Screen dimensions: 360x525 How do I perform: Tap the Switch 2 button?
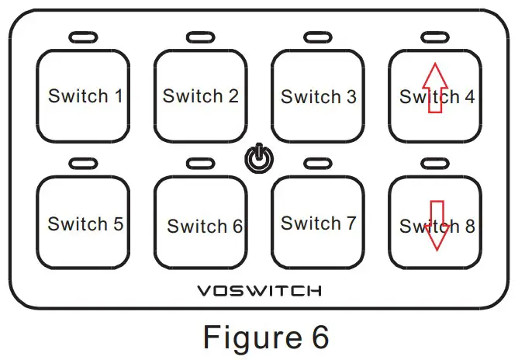pyautogui.click(x=200, y=95)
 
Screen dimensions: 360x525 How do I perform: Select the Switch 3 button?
pyautogui.click(x=318, y=95)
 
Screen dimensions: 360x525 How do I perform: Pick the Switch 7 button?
pyautogui.click(x=318, y=223)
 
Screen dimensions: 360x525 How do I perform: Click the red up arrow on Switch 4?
pyautogui.click(x=436, y=88)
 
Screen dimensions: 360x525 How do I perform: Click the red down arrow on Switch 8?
pyautogui.click(x=437, y=226)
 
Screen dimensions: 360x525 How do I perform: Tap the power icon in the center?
pyautogui.click(x=259, y=158)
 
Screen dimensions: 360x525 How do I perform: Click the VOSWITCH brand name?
pyautogui.click(x=259, y=292)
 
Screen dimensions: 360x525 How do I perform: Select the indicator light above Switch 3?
pyautogui.click(x=317, y=37)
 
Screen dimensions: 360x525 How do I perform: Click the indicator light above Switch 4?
pyautogui.click(x=434, y=37)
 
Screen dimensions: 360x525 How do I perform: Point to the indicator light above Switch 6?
pyautogui.click(x=199, y=164)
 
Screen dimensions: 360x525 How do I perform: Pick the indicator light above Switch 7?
pyautogui.click(x=317, y=164)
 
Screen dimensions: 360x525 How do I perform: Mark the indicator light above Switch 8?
pyautogui.click(x=434, y=164)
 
